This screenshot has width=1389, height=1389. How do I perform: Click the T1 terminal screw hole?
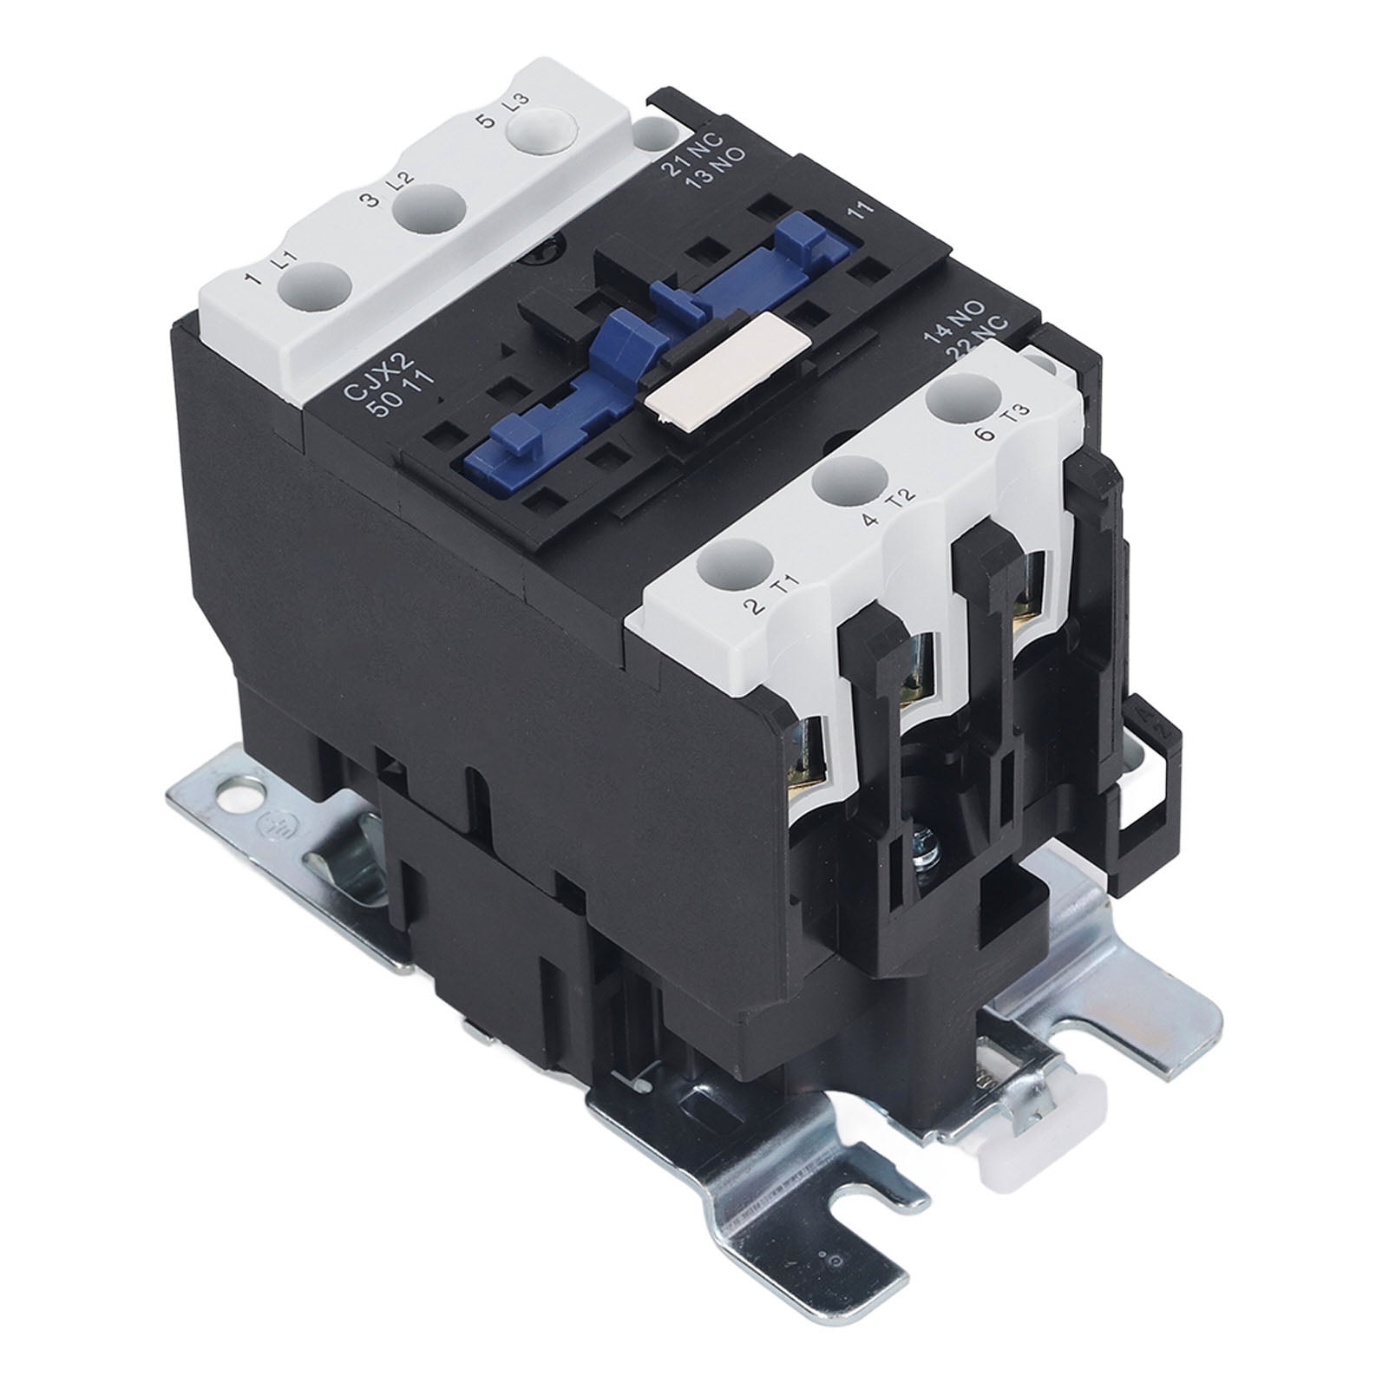click(x=734, y=556)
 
